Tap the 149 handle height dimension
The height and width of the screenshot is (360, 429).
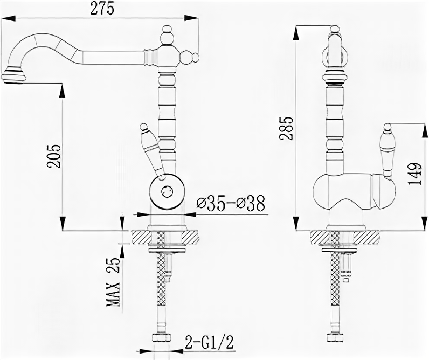click(x=414, y=174)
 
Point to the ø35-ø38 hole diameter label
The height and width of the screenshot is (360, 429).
click(x=231, y=204)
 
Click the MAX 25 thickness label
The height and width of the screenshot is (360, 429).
click(x=114, y=281)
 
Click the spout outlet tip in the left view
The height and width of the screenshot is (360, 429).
click(x=13, y=76)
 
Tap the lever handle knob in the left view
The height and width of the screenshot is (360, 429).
click(x=144, y=128)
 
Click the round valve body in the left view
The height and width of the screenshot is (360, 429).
click(x=166, y=190)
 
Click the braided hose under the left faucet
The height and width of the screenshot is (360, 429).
click(x=160, y=291)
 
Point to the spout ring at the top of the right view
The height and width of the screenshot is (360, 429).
click(x=334, y=53)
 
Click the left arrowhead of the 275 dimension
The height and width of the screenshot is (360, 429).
click(x=6, y=18)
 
